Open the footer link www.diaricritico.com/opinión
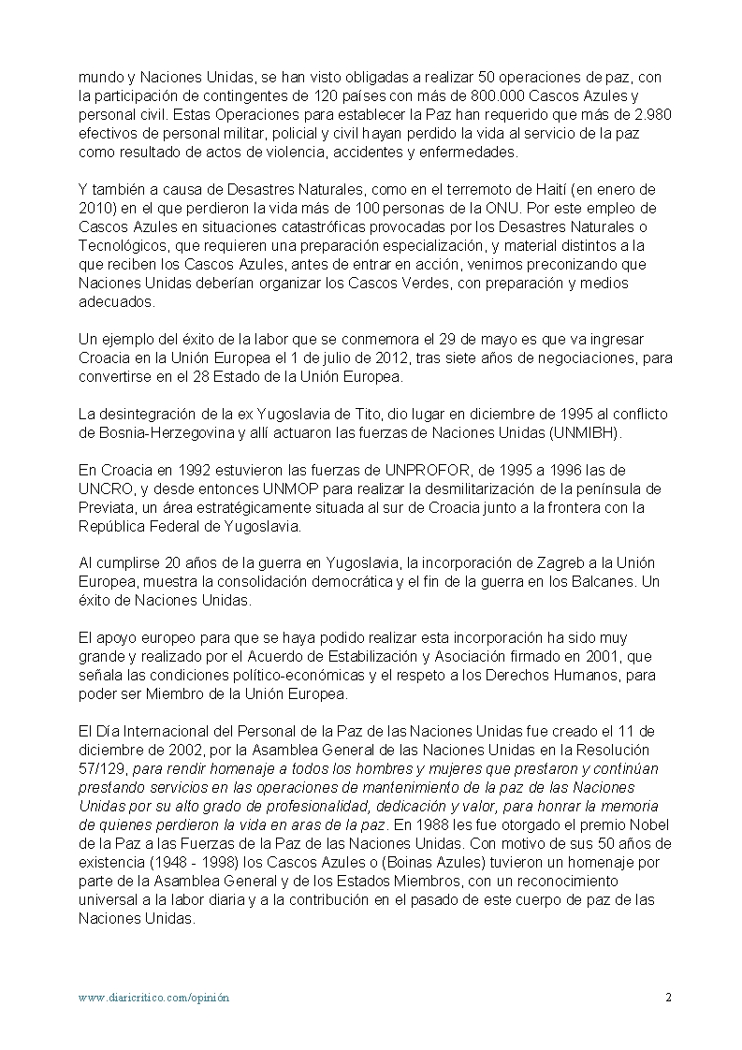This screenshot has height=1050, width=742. click(x=153, y=998)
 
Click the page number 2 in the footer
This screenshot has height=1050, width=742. click(x=668, y=998)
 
